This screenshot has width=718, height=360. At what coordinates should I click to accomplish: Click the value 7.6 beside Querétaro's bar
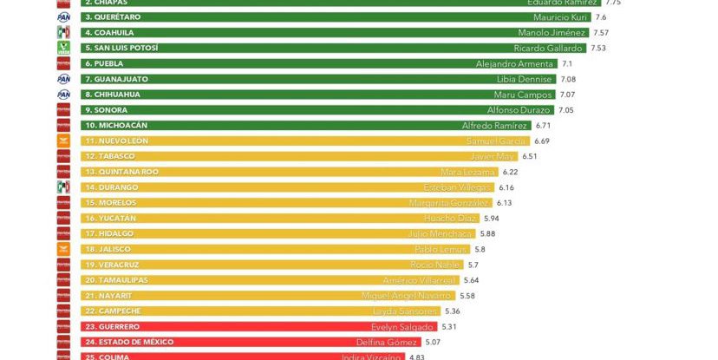(x=601, y=17)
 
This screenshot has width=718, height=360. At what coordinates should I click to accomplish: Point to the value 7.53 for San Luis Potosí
(x=598, y=49)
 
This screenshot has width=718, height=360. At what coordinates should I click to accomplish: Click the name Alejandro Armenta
(x=515, y=64)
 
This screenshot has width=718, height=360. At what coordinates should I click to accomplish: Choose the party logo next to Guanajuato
(x=63, y=79)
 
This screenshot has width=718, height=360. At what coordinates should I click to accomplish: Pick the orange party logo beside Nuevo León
(x=63, y=141)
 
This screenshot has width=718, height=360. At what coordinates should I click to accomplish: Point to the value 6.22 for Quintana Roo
(x=510, y=172)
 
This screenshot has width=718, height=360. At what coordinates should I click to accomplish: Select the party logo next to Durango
(x=63, y=187)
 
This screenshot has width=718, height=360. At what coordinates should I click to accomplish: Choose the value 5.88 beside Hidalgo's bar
(x=487, y=233)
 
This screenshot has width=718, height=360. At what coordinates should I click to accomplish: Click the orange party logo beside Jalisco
(x=63, y=249)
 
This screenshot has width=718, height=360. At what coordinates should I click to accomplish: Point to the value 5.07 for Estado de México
(x=433, y=342)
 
